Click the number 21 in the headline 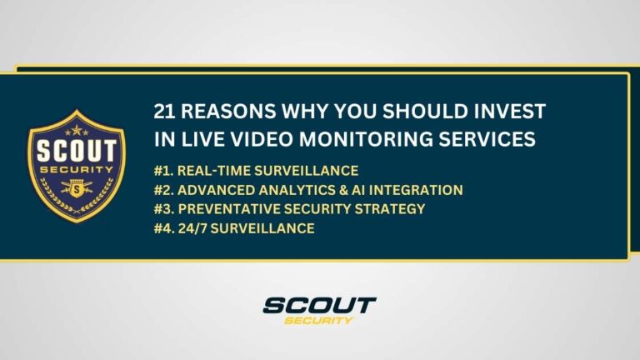165,112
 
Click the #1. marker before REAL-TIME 164,171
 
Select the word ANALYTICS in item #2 298,190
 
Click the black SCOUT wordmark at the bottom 320,306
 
